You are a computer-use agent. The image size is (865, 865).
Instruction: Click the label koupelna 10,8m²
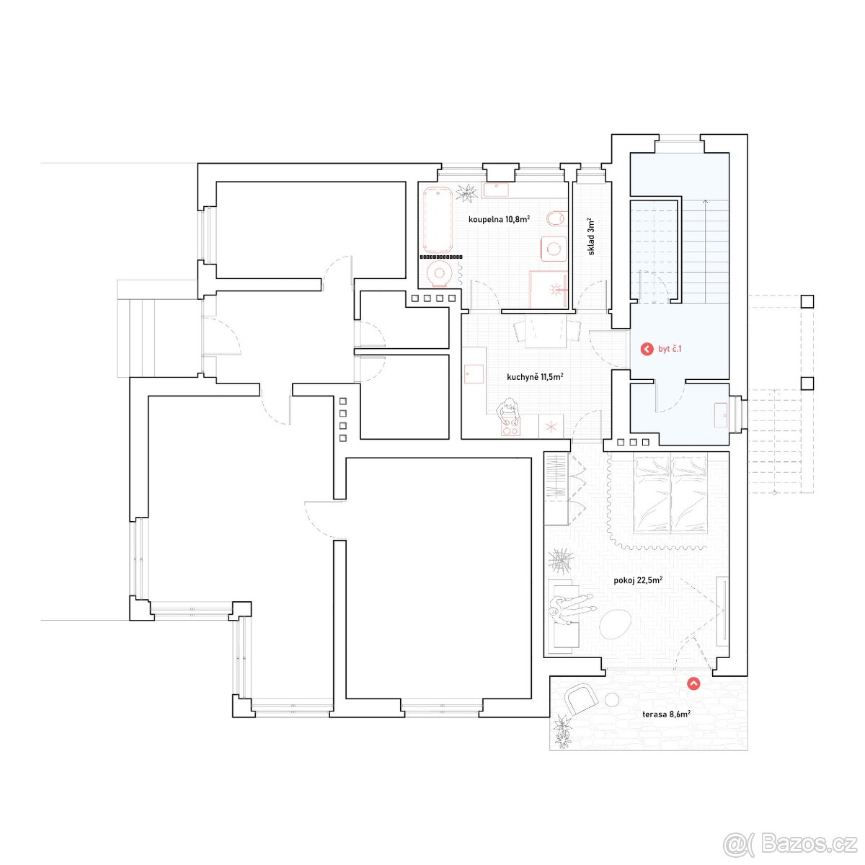pos(499,219)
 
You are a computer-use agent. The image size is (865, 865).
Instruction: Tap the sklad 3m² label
pos(591,237)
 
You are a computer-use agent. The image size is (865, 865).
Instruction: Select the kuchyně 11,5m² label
pos(535,376)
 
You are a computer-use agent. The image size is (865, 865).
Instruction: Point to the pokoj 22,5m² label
pos(638,580)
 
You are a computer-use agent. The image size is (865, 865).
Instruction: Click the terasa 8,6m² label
pos(666,727)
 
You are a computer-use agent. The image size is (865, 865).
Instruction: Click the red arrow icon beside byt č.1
pos(647,349)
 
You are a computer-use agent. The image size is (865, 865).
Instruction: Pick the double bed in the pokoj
pos(670,493)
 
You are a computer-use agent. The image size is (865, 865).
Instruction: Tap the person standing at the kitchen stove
pos(508,412)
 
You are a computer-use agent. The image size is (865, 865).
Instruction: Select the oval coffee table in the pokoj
pos(616,625)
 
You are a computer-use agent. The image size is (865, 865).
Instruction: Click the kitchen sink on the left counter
pos(474,374)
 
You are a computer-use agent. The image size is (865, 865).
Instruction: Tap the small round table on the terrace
pos(612,699)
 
